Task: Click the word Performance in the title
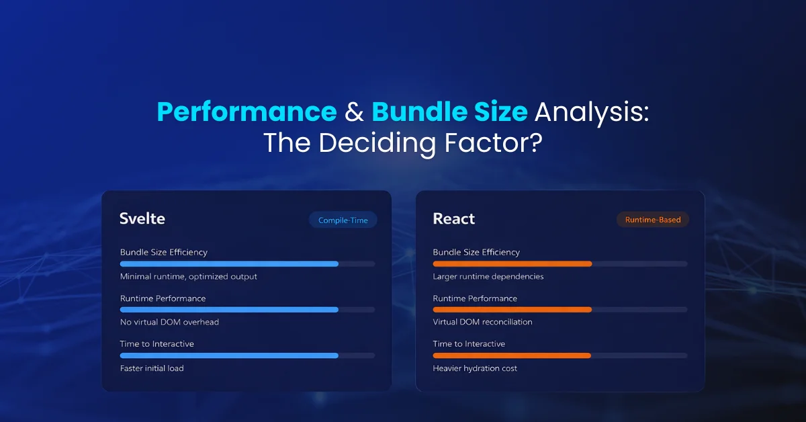[247, 112]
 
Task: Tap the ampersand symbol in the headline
[354, 112]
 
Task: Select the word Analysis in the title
[591, 112]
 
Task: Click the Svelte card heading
[142, 219]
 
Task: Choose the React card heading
[454, 219]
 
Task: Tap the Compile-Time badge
[343, 220]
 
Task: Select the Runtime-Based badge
[652, 220]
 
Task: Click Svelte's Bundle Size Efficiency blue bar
[229, 264]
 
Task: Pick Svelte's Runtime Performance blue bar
[229, 310]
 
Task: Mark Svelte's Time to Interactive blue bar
[229, 355]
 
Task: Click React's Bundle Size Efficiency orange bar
[512, 264]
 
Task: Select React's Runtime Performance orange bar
[512, 310]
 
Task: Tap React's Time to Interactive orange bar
[512, 355]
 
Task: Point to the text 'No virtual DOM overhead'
[169, 322]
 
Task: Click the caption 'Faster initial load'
[152, 368]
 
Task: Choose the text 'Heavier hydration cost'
[475, 368]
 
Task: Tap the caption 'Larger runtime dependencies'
[488, 276]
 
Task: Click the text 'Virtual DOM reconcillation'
[482, 322]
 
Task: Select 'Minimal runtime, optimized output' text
[188, 276]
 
